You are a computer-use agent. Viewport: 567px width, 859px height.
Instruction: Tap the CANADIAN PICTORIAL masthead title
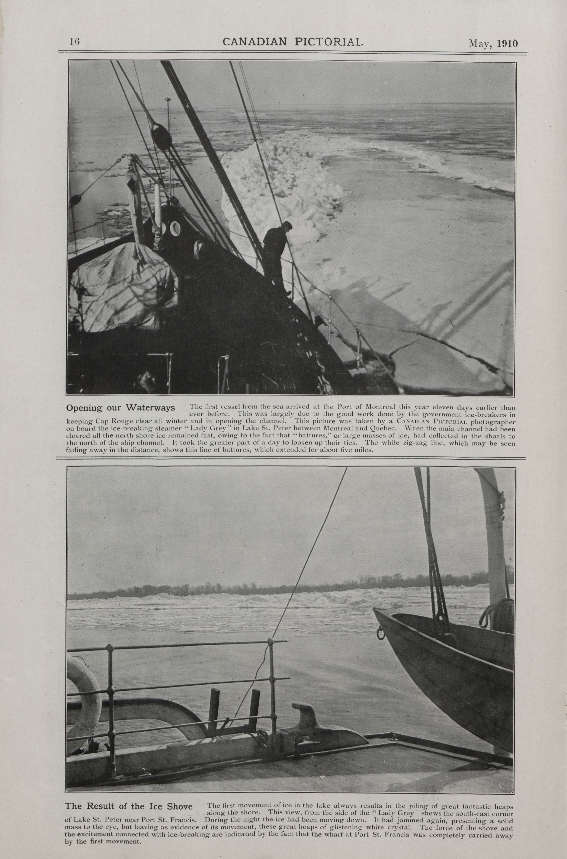292,42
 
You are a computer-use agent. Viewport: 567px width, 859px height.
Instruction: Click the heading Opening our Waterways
120,408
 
